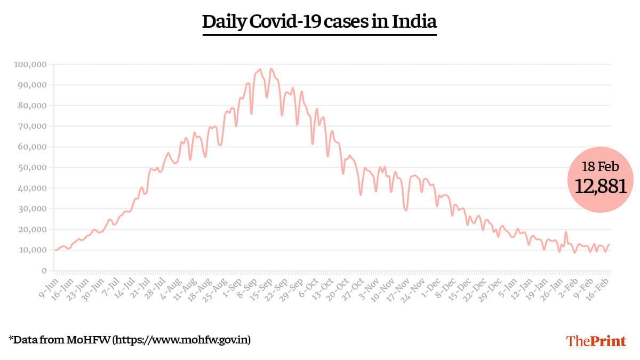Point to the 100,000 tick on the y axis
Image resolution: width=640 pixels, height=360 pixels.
point(31,65)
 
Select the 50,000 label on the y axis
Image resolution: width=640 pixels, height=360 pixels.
point(33,167)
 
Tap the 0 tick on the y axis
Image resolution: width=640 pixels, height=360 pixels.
point(45,271)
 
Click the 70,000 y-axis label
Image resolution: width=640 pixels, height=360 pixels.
point(33,126)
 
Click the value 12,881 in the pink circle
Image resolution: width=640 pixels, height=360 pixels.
point(600,186)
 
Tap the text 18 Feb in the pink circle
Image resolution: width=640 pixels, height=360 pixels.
point(600,166)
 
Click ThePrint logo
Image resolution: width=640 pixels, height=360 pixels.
point(596,341)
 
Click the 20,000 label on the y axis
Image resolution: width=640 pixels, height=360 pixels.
point(33,230)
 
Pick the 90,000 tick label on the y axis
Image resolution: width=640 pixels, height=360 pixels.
point(33,85)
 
